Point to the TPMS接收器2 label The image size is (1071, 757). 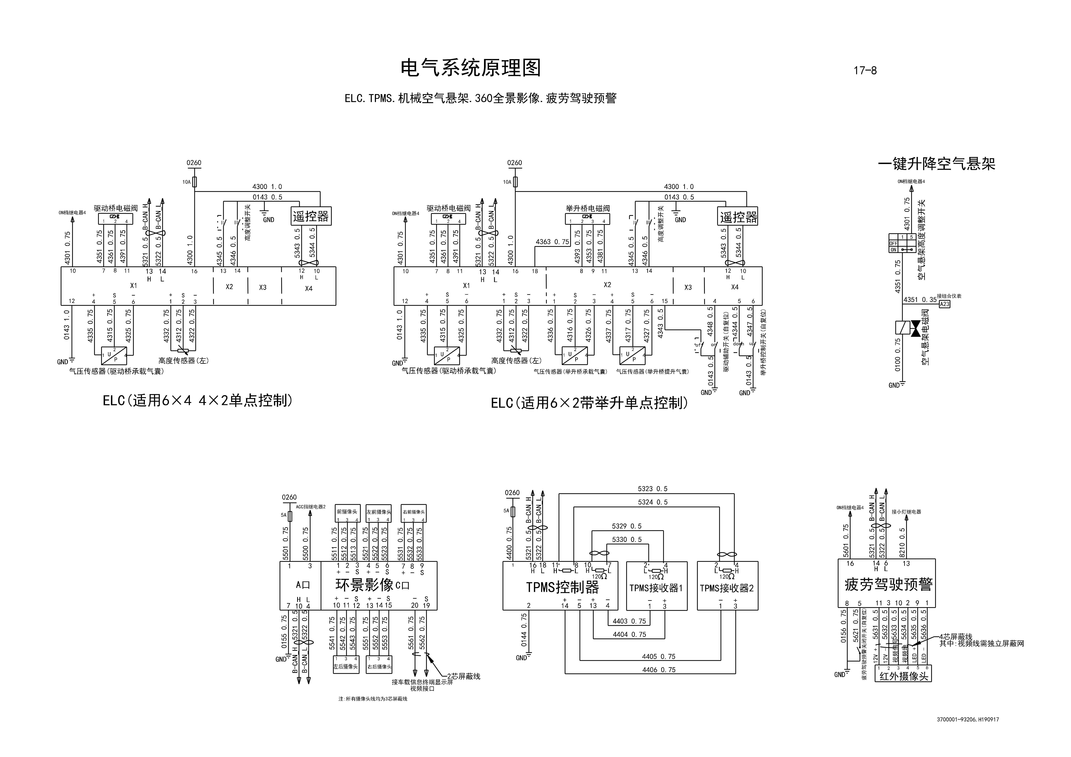pyautogui.click(x=727, y=588)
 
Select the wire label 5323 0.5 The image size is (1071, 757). pyautogui.click(x=653, y=489)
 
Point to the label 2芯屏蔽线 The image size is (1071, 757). pyautogui.click(x=463, y=676)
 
